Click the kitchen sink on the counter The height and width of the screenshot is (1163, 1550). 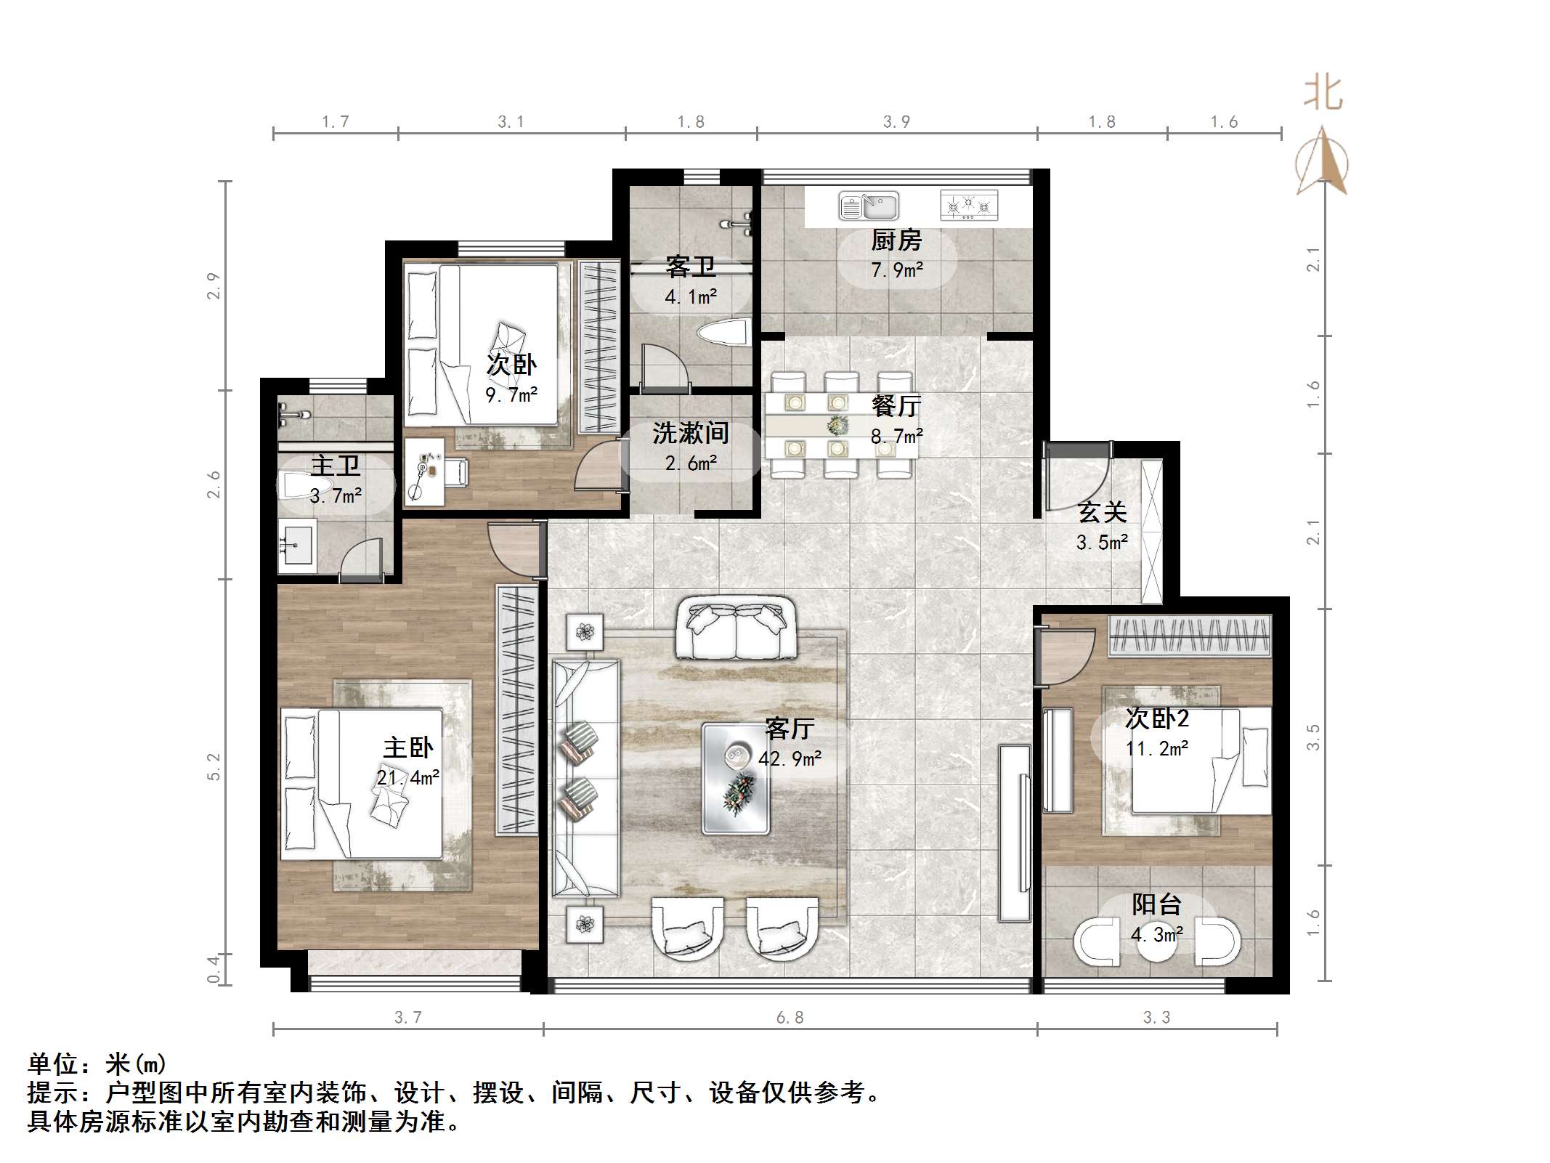pyautogui.click(x=869, y=206)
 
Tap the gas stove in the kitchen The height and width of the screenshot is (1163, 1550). pyautogui.click(x=969, y=206)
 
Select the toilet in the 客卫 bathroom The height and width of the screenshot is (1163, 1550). pyautogui.click(x=723, y=335)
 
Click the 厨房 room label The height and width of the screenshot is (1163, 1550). pyautogui.click(x=896, y=240)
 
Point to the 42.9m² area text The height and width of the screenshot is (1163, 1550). pyautogui.click(x=790, y=759)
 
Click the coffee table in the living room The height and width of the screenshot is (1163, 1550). pyautogui.click(x=736, y=777)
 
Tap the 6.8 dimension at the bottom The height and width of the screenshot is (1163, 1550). pyautogui.click(x=790, y=1018)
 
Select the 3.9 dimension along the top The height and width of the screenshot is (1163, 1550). pyautogui.click(x=896, y=122)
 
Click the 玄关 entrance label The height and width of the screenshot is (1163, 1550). pyautogui.click(x=1102, y=513)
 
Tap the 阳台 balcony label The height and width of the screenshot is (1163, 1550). pyautogui.click(x=1156, y=904)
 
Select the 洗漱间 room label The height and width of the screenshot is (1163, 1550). pyautogui.click(x=691, y=434)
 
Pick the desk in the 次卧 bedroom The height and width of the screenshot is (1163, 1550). pyautogui.click(x=424, y=471)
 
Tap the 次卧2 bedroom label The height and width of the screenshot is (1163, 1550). pyautogui.click(x=1157, y=718)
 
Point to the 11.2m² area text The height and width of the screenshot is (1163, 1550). pyautogui.click(x=1157, y=748)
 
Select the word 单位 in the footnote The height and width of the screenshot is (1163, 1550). pyautogui.click(x=53, y=1064)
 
